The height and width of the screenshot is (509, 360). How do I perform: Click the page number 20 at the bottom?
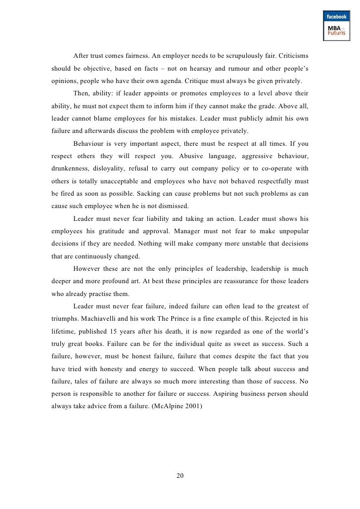[x=180, y=475]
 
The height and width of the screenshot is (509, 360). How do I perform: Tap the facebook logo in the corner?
[x=337, y=17]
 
